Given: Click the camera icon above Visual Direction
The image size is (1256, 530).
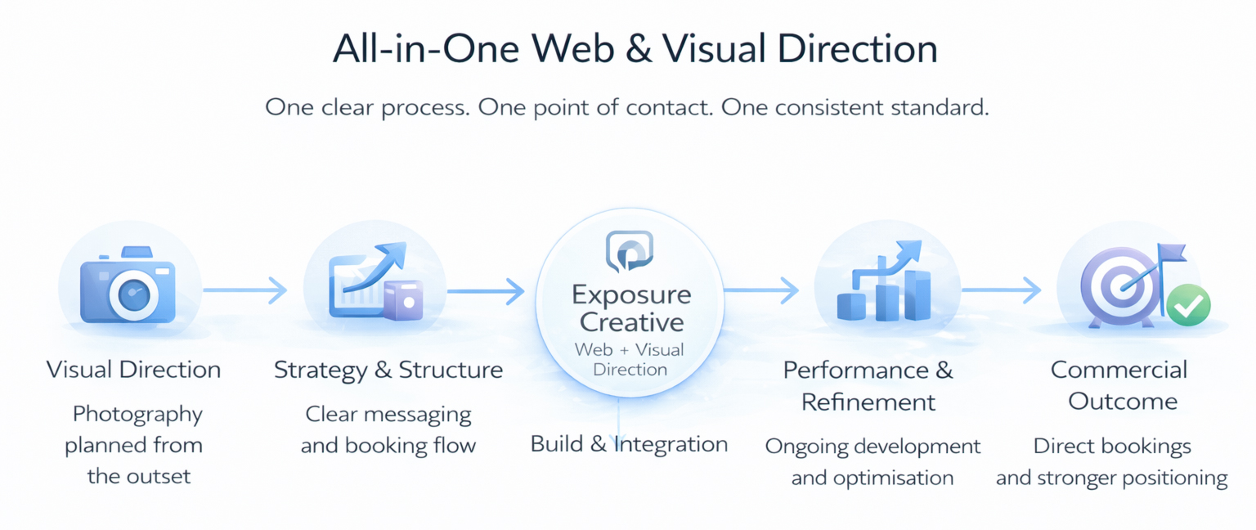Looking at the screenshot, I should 128,284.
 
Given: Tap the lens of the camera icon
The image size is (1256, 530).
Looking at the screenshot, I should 132,294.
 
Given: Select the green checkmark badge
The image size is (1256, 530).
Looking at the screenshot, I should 1187,305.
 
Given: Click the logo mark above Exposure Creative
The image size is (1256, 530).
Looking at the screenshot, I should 629,250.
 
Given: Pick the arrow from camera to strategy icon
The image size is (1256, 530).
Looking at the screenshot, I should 244,289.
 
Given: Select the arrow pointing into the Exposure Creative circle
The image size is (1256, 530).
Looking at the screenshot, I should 485,290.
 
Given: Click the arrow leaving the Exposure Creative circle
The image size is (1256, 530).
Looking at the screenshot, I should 760,289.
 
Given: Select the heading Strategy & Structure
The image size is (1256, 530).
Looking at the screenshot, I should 388,370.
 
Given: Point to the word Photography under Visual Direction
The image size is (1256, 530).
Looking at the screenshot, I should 137,414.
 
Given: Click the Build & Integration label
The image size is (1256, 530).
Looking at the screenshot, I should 629,444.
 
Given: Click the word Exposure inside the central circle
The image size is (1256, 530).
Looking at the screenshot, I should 630,294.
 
